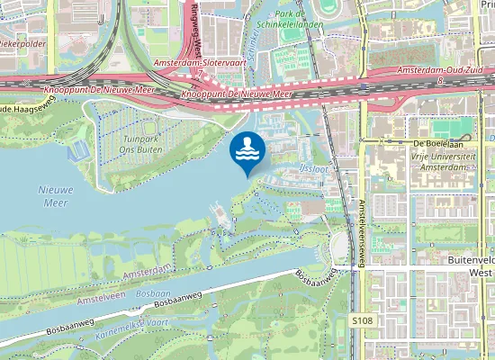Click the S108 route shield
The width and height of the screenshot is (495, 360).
(361, 320)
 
